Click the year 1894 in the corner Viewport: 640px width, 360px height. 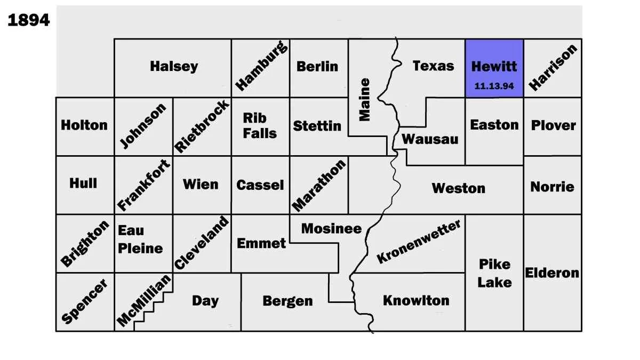pyautogui.click(x=29, y=20)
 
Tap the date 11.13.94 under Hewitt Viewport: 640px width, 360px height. pyautogui.click(x=494, y=86)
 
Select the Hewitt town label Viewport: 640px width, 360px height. pyautogui.click(x=494, y=67)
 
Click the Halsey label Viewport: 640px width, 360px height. pyautogui.click(x=174, y=67)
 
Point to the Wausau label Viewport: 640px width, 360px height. pyautogui.click(x=430, y=139)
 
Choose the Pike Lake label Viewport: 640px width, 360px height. pyautogui.click(x=494, y=273)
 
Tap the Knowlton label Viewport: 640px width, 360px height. pyautogui.click(x=416, y=300)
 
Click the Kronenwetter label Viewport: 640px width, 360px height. pyautogui.click(x=419, y=242)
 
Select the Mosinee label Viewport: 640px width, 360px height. pyautogui.click(x=331, y=229)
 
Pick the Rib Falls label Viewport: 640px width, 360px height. pyautogui.click(x=260, y=125)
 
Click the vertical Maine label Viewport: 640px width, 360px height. pyautogui.click(x=364, y=100)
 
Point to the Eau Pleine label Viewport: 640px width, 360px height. pyautogui.click(x=140, y=239)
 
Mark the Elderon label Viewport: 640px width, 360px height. pyautogui.click(x=552, y=273)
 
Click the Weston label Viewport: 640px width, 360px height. pyautogui.click(x=459, y=188)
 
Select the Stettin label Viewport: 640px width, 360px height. pyautogui.click(x=317, y=126)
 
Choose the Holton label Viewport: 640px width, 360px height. pyautogui.click(x=84, y=125)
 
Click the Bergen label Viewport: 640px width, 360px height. pyautogui.click(x=287, y=301)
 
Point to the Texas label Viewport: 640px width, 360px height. pyautogui.click(x=433, y=66)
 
